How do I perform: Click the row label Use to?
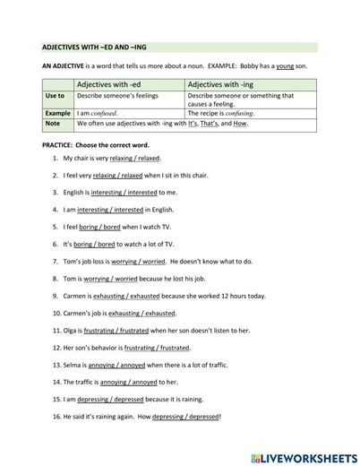click(x=55, y=95)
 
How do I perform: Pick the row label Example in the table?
click(x=58, y=114)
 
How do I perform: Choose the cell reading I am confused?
click(x=98, y=114)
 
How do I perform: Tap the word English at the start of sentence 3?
click(x=76, y=192)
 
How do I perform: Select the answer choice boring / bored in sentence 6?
click(x=95, y=244)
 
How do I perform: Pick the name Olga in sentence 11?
click(x=72, y=331)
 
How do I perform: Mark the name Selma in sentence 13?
click(x=73, y=365)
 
